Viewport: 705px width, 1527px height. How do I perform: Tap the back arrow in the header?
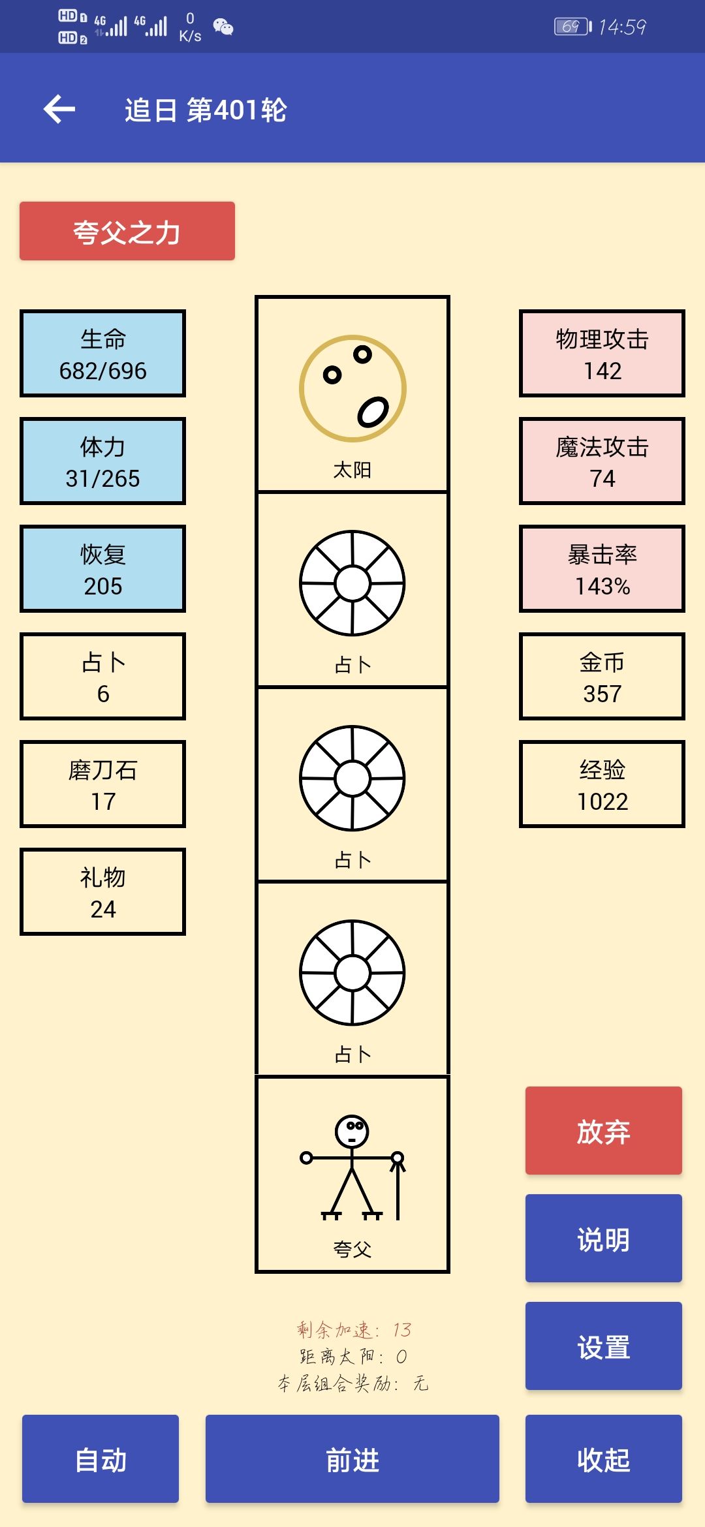(59, 109)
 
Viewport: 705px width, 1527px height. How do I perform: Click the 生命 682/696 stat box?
(103, 354)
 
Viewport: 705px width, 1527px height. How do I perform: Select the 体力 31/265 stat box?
(103, 461)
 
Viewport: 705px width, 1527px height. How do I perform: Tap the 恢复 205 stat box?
(103, 569)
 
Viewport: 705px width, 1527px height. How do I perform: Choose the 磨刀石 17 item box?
(103, 784)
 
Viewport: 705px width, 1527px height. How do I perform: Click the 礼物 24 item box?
(103, 892)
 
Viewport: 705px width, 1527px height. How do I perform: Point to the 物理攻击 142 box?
(602, 354)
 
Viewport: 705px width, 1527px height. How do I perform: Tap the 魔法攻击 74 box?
(602, 461)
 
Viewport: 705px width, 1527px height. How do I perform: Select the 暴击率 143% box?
(602, 569)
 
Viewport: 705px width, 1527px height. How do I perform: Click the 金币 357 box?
(602, 677)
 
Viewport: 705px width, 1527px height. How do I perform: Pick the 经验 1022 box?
(602, 784)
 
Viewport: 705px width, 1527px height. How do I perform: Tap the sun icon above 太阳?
(352, 389)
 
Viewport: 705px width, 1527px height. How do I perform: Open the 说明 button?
(604, 1239)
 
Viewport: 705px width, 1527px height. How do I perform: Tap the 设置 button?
(604, 1346)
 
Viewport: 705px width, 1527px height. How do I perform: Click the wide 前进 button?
(352, 1459)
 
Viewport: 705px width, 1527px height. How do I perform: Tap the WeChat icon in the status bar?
(223, 27)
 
